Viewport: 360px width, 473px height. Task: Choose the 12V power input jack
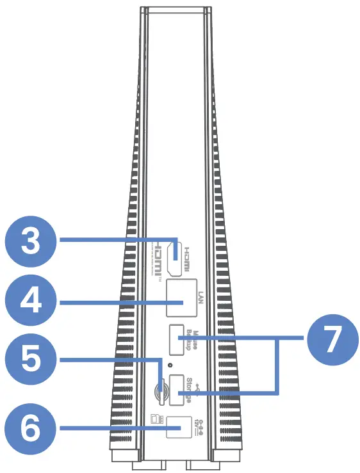(179, 426)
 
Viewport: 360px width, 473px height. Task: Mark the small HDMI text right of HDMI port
(188, 259)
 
